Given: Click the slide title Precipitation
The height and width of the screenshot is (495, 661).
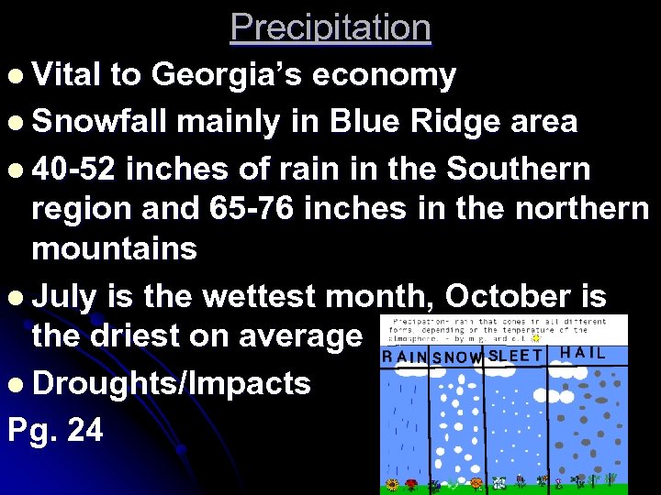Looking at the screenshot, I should point(330,27).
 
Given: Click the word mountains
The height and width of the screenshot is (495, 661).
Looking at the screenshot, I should point(114,247).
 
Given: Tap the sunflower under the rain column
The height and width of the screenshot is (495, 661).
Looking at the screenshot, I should point(393,482).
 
